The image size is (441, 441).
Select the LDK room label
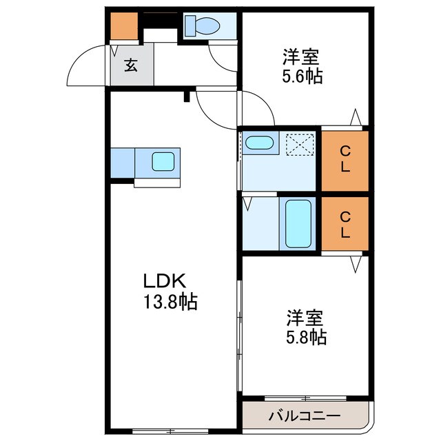[163, 281]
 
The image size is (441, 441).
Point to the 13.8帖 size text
[170, 301]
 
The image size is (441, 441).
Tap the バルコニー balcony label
[304, 417]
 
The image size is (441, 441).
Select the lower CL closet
[345, 225]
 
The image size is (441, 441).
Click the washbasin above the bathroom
[260, 143]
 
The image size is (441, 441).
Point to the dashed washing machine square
[299, 145]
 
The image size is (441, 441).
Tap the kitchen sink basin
[165, 162]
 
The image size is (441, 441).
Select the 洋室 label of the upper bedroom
[303, 55]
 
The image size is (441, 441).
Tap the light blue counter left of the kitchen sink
[122, 163]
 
